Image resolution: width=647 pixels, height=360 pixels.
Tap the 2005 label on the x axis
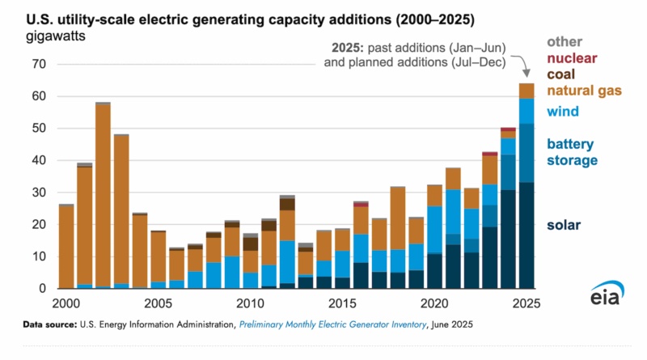(x=159, y=303)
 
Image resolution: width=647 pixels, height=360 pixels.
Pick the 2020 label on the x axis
(x=435, y=303)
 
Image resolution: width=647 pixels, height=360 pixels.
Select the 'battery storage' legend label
(x=570, y=152)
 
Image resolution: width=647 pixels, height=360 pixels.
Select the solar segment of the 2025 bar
(x=526, y=235)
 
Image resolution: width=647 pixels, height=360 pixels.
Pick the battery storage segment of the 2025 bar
(x=526, y=153)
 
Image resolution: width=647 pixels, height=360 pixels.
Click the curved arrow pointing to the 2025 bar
(x=522, y=65)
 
